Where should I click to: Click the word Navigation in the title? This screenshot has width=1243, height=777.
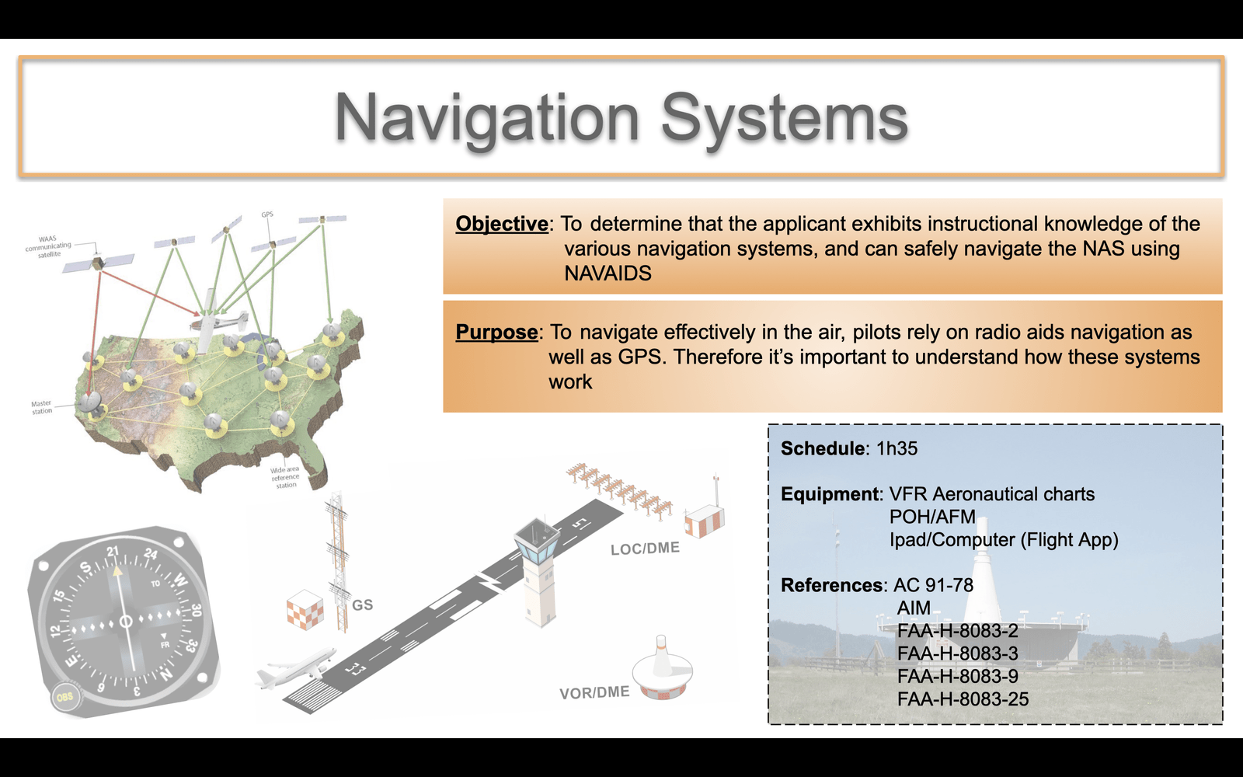coord(486,118)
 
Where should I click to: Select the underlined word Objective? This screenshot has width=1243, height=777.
coord(502,224)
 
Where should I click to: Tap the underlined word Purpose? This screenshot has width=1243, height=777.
coord(496,332)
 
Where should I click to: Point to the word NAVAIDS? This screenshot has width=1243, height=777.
coord(608,273)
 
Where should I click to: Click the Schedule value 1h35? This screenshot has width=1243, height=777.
coord(897,448)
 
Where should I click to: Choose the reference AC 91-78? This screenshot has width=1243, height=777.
coord(933,585)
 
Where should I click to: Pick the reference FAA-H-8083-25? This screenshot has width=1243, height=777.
coord(963,699)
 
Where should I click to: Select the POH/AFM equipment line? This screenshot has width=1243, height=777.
coord(932,517)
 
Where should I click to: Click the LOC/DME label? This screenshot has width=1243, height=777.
coord(645,549)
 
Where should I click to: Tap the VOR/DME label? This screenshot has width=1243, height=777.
coord(594,692)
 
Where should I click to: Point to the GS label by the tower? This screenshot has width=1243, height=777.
coord(362,605)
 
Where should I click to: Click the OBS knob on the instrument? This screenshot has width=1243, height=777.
coord(65,697)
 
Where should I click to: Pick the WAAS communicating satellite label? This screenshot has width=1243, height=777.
coord(48,246)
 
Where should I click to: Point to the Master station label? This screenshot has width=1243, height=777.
coord(42,407)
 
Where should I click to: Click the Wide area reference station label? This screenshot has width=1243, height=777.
coord(285,477)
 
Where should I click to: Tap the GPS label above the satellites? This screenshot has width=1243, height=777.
coord(267,214)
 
